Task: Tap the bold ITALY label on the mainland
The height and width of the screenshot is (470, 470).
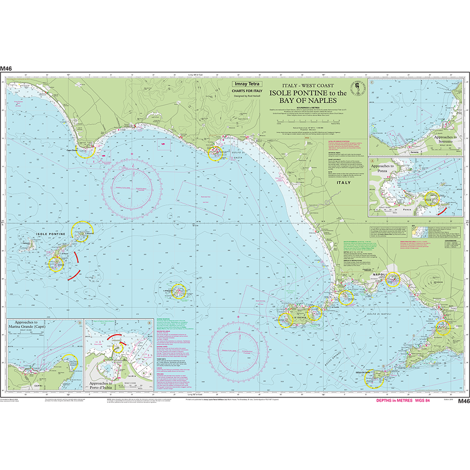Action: pos(344,183)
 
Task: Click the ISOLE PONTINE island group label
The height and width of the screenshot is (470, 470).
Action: pos(51,234)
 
